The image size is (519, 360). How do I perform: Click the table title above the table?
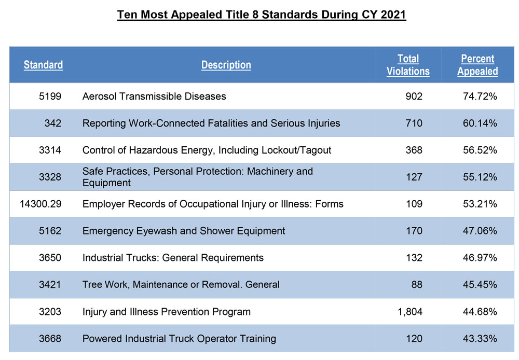pyautogui.click(x=261, y=14)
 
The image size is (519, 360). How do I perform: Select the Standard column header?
pyautogui.click(x=43, y=65)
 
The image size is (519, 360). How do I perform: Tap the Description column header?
pyautogui.click(x=226, y=65)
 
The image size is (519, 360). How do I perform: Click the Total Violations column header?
pyautogui.click(x=408, y=65)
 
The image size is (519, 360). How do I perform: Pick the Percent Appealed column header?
pyautogui.click(x=477, y=65)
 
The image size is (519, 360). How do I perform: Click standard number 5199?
pyautogui.click(x=50, y=96)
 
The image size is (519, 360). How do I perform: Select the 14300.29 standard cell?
pyautogui.click(x=40, y=204)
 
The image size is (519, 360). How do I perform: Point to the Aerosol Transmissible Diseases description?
pyautogui.click(x=154, y=96)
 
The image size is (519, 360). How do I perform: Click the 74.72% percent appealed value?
pyautogui.click(x=480, y=96)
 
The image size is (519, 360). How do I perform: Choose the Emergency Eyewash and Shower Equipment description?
pyautogui.click(x=184, y=231)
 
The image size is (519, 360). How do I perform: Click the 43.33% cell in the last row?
pyautogui.click(x=480, y=339)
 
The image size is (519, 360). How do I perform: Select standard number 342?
pyautogui.click(x=53, y=123)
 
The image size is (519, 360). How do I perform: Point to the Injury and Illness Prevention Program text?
pyautogui.click(x=166, y=312)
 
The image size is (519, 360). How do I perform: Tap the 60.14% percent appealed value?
pyautogui.click(x=480, y=123)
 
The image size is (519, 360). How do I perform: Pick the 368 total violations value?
pyautogui.click(x=414, y=150)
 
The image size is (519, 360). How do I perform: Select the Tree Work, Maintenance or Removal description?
pyautogui.click(x=181, y=285)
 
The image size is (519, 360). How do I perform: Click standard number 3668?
pyautogui.click(x=50, y=339)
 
